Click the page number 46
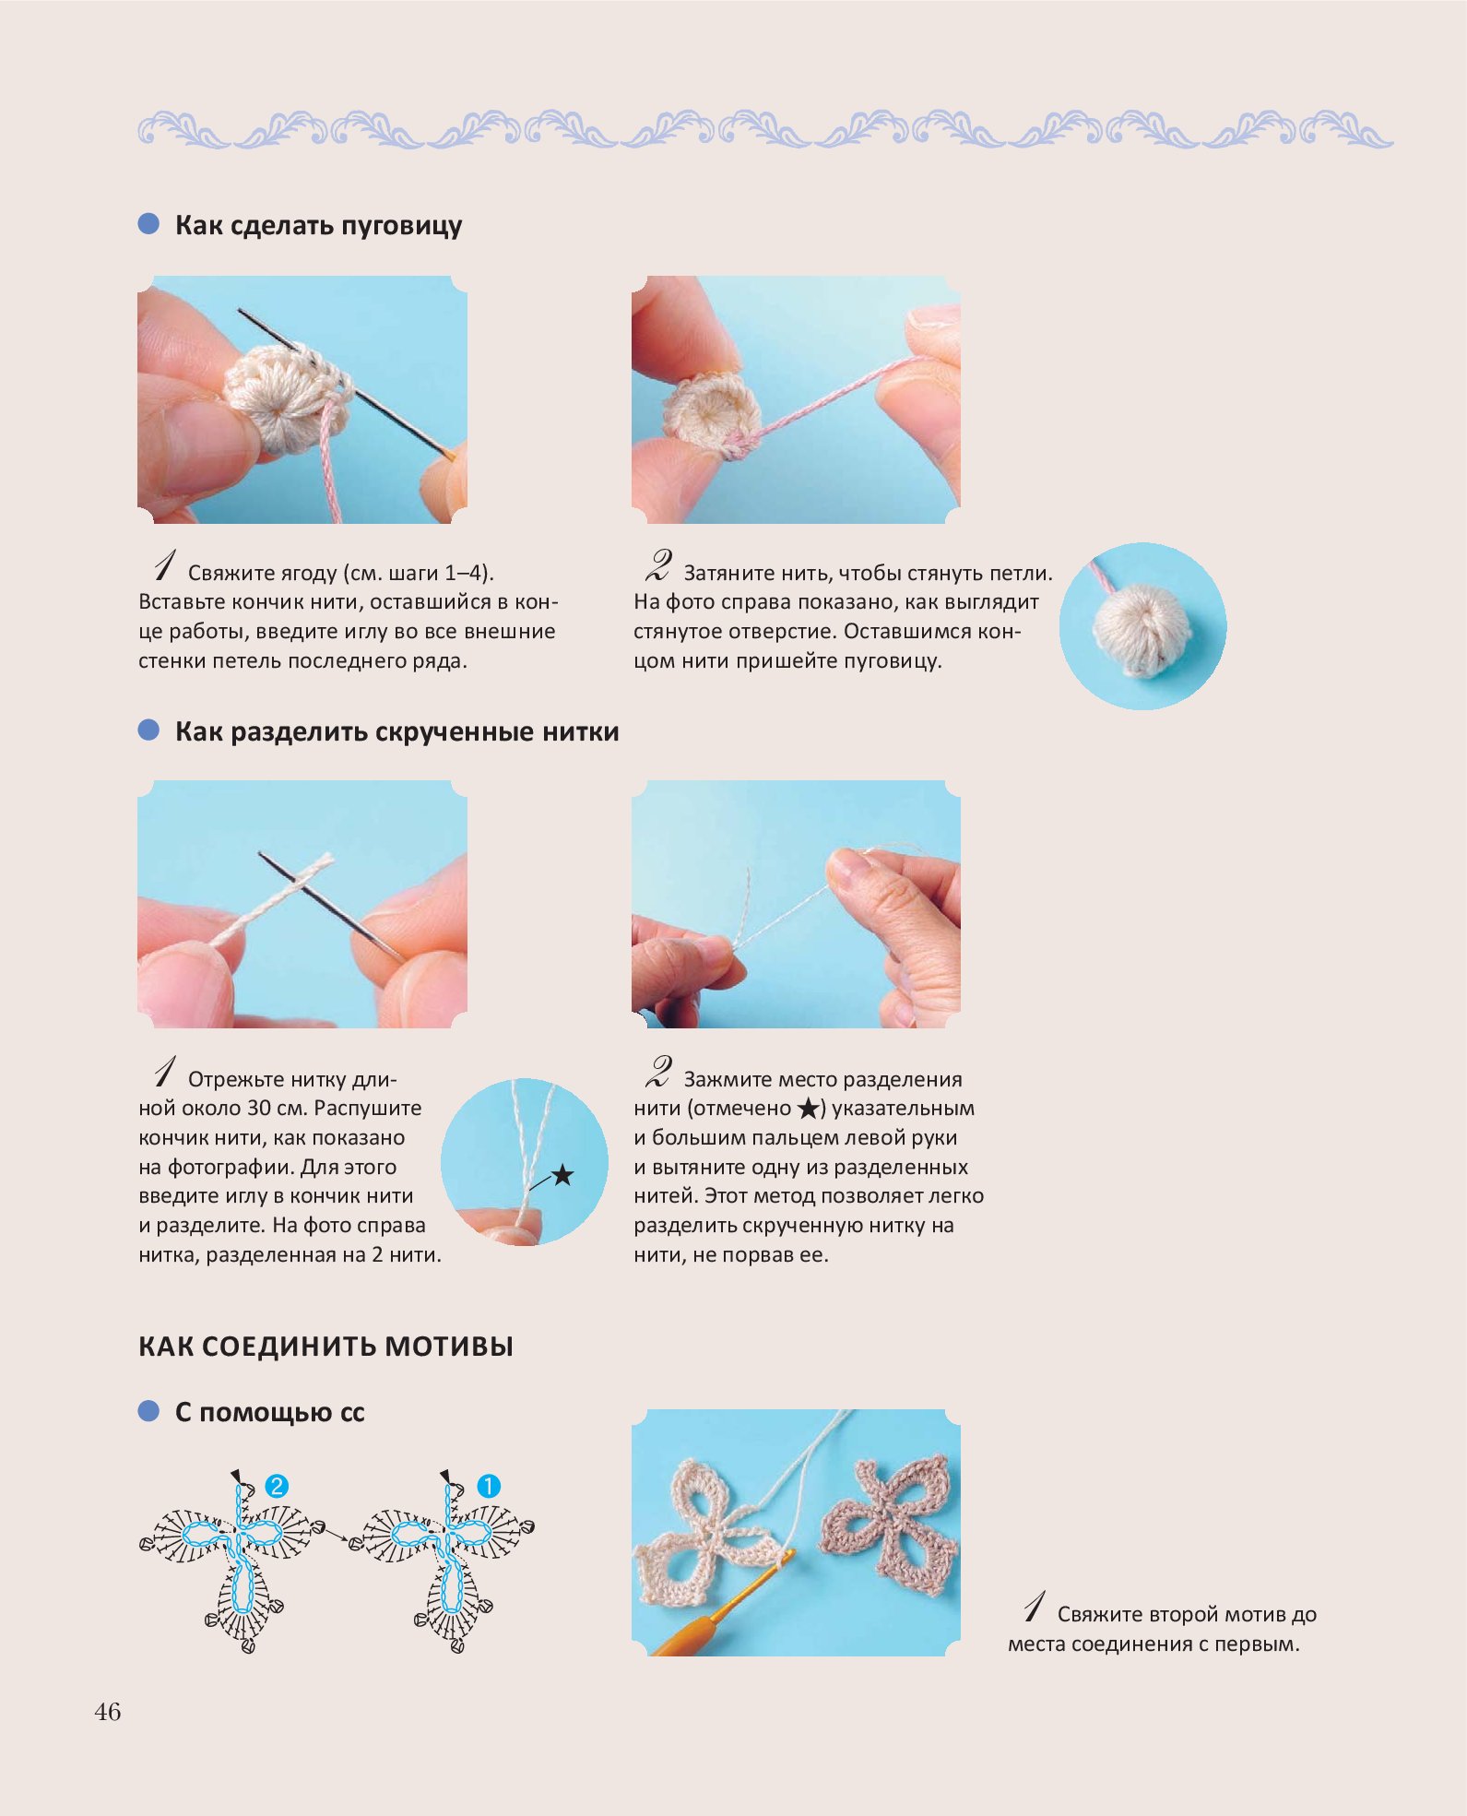coord(107,1713)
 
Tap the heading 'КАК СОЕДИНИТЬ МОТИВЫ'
coord(325,1347)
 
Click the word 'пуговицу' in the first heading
coord(402,227)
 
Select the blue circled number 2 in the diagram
coord(277,1486)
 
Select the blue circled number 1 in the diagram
coord(488,1486)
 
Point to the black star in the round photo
coord(562,1176)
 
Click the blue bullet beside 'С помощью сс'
coord(148,1411)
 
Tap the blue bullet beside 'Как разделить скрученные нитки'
coord(148,730)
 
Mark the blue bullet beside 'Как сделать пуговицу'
coord(148,224)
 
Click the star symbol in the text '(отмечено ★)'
coord(808,1109)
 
